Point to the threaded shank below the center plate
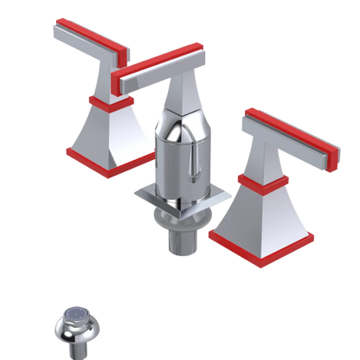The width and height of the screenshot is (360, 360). (179, 238)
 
